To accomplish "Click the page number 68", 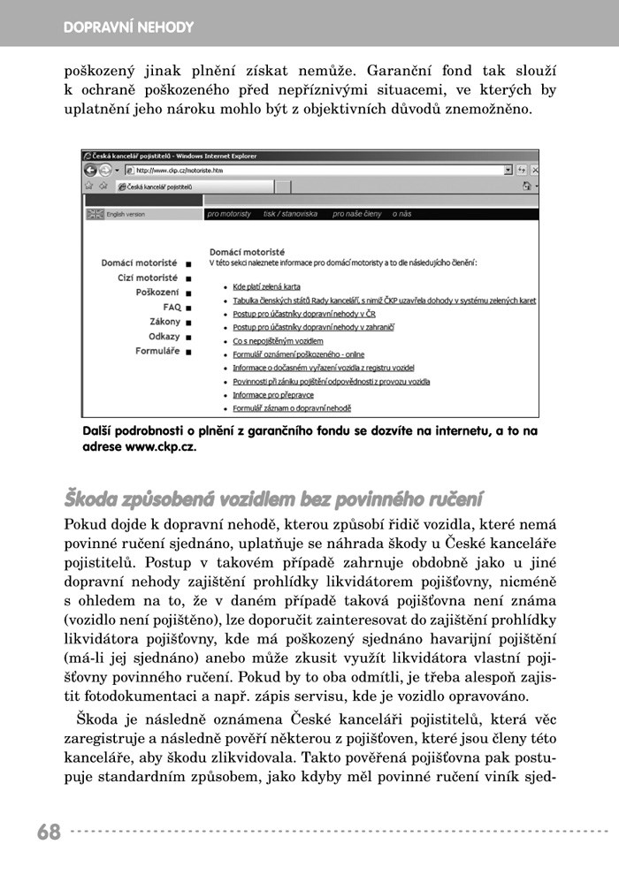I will coord(49,832).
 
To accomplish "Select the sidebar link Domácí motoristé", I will coord(139,263).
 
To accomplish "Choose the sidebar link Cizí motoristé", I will coord(148,278).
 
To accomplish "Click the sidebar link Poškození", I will coord(157,292).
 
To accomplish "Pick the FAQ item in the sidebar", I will coord(172,307).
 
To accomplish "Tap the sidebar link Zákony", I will coord(164,322).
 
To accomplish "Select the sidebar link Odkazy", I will coord(164,336).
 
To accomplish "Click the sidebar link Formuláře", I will coord(157,351).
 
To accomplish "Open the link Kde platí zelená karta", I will coord(267,287).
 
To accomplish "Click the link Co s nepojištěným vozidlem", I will coord(279,341).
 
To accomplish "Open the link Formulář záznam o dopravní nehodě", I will coord(292,408).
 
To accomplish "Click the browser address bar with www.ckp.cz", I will coord(309,169).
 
